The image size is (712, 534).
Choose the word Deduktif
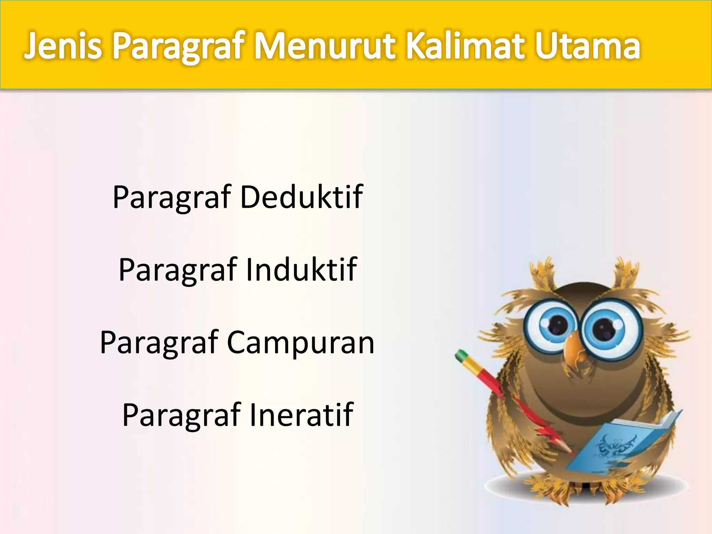(301, 197)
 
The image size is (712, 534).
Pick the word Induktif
(301, 269)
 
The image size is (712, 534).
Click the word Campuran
(301, 343)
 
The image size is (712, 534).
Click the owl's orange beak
(574, 349)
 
